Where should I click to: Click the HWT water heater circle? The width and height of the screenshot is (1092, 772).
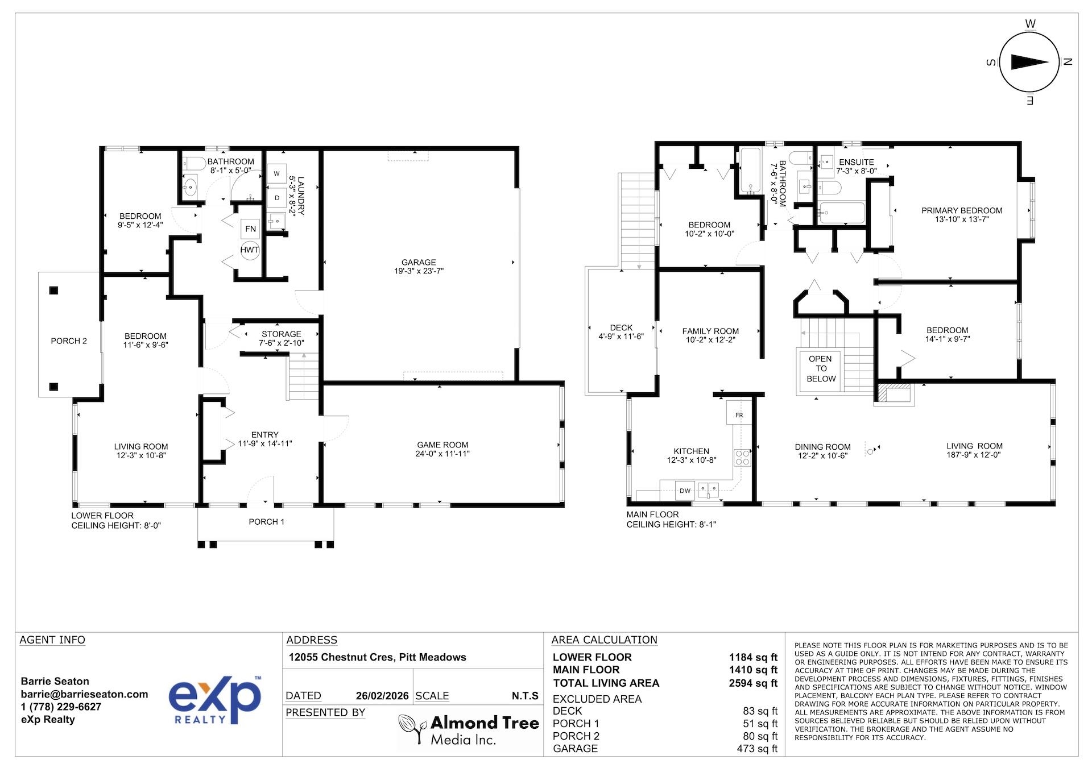pyautogui.click(x=250, y=250)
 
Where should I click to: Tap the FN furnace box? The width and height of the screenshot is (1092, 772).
pyautogui.click(x=250, y=229)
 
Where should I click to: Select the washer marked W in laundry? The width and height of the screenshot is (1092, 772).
pyautogui.click(x=277, y=173)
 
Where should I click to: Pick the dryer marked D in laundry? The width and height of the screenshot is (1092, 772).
pyautogui.click(x=277, y=198)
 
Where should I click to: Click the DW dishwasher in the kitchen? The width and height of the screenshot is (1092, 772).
pyautogui.click(x=685, y=491)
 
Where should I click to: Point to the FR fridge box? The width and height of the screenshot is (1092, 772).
pyautogui.click(x=739, y=415)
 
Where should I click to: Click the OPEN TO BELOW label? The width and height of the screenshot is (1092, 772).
pyautogui.click(x=821, y=368)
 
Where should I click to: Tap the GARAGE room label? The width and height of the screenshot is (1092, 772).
pyautogui.click(x=419, y=262)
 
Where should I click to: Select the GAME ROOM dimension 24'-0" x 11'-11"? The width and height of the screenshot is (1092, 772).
pyautogui.click(x=442, y=454)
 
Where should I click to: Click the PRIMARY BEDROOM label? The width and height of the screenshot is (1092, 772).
pyautogui.click(x=962, y=210)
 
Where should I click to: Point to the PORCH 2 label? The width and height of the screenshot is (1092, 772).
pyautogui.click(x=69, y=341)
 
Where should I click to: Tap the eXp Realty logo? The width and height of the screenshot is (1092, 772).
pyautogui.click(x=215, y=700)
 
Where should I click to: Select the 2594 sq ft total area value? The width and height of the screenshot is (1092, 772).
pyautogui.click(x=752, y=683)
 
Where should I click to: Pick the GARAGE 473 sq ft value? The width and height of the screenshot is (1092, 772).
pyautogui.click(x=756, y=749)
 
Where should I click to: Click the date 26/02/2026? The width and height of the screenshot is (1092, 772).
pyautogui.click(x=382, y=696)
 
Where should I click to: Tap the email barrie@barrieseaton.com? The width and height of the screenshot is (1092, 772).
pyautogui.click(x=84, y=694)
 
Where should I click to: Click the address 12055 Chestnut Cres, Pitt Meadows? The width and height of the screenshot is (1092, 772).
pyautogui.click(x=377, y=657)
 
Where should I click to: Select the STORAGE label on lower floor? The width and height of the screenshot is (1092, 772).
pyautogui.click(x=281, y=334)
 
